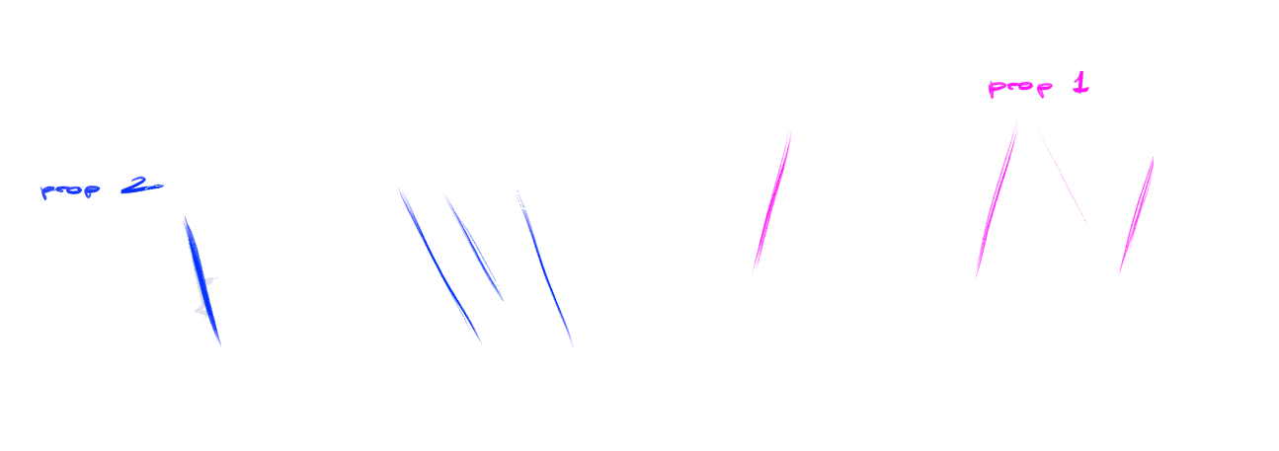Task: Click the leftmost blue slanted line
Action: [201, 281]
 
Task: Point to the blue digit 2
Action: [133, 188]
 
